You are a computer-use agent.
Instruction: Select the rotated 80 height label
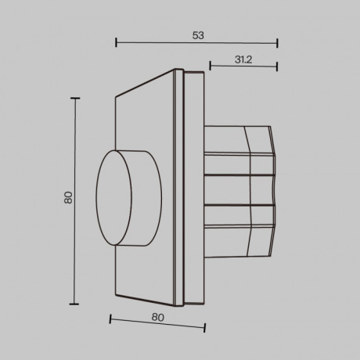(x=68, y=199)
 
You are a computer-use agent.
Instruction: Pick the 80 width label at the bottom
(x=157, y=317)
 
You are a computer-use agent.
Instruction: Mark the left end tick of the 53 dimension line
(x=116, y=43)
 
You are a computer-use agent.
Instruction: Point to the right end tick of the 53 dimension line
(x=278, y=44)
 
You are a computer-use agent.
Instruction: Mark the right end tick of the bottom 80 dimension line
(x=206, y=329)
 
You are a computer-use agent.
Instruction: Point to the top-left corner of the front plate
(x=116, y=97)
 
